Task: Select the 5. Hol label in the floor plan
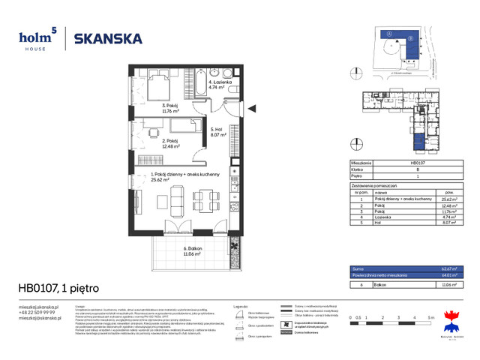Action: [x=218, y=133]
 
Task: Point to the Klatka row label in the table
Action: [x=358, y=169]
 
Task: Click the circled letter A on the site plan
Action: [x=390, y=34]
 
